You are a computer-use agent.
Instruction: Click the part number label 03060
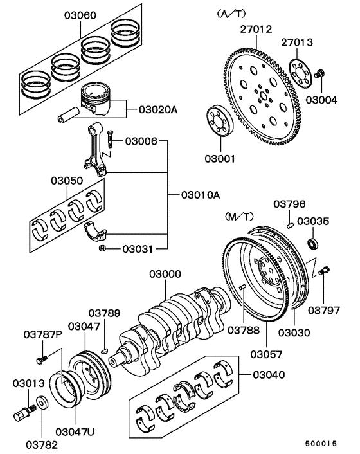pos(78,15)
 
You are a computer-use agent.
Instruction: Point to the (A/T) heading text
pos(232,12)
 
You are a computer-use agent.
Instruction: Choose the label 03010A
pos(199,195)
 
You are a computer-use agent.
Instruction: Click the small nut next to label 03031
pos(102,248)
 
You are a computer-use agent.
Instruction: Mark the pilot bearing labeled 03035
pos(313,243)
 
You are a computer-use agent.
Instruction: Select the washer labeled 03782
pos(42,404)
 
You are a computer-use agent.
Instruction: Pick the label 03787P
pos(43,334)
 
